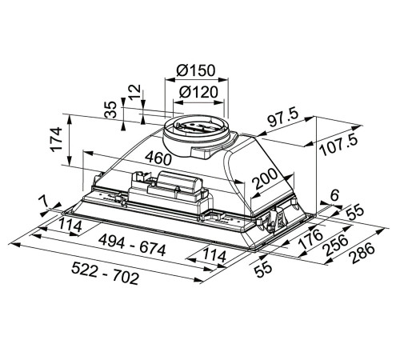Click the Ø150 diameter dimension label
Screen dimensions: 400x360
click(196, 70)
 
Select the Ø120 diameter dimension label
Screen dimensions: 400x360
click(198, 92)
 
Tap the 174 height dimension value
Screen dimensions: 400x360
click(56, 140)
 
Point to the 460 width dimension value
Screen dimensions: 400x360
click(158, 158)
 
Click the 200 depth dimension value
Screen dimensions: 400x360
click(265, 178)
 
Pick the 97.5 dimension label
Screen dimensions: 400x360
click(283, 118)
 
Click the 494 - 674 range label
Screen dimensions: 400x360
click(132, 246)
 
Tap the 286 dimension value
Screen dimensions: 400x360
click(362, 254)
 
